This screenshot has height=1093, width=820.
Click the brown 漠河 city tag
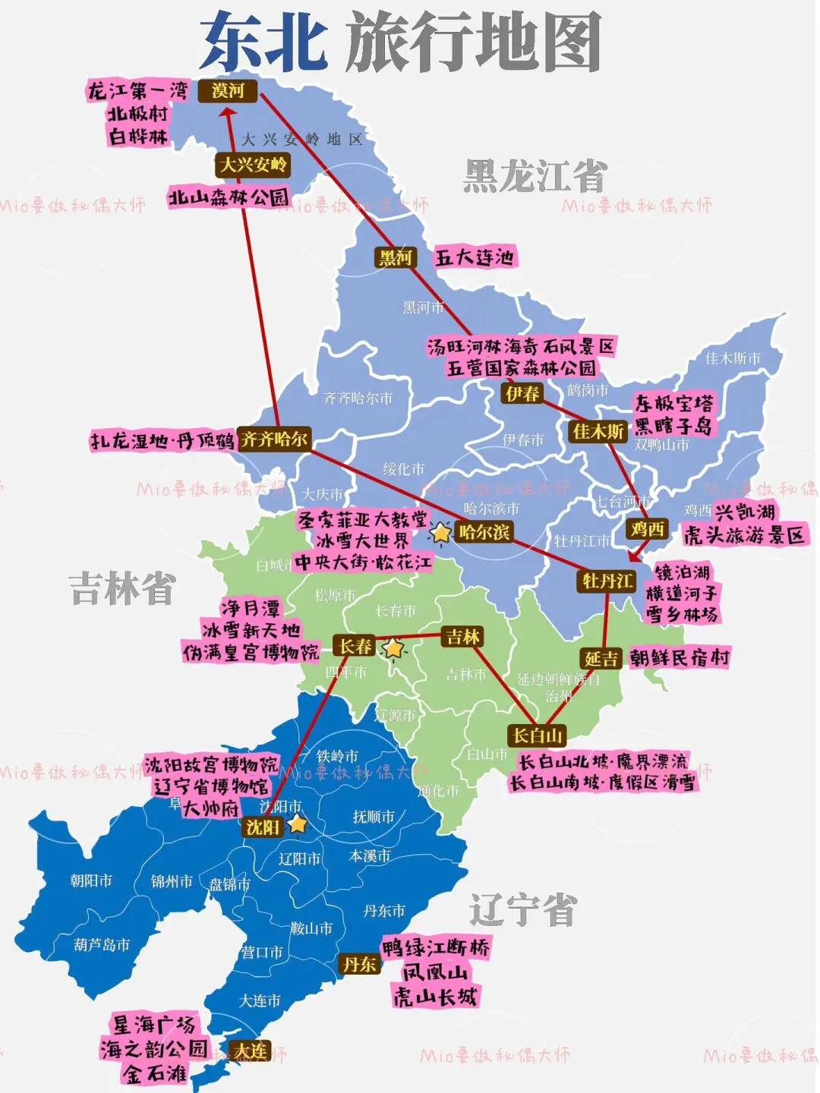point(228,91)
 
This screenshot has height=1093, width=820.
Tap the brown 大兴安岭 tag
point(253,165)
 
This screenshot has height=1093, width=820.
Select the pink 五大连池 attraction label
point(475,257)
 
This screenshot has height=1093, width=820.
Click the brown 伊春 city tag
point(522,393)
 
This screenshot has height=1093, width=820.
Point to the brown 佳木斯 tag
point(598,431)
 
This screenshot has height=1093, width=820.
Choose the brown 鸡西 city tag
point(648,528)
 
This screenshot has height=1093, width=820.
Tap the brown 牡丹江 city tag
point(607,581)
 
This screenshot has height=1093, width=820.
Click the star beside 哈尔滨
point(440,532)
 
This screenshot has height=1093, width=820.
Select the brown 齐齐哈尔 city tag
point(274,439)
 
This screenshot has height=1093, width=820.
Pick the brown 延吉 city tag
point(601,659)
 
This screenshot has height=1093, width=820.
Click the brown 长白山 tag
point(538,735)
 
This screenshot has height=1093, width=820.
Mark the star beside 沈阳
point(297,824)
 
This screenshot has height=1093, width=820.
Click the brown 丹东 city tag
point(359,964)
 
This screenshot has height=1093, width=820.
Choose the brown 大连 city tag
point(250,1050)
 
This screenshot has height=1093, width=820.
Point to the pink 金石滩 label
point(156,1073)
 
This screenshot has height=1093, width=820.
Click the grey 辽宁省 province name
point(522,909)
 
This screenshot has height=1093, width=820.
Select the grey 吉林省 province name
point(121,588)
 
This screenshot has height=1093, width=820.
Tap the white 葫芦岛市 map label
point(102,945)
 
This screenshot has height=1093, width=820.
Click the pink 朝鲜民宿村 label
point(679,658)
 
